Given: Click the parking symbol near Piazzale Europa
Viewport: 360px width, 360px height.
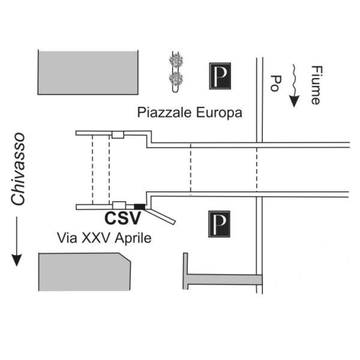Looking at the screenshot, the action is tap(220, 76).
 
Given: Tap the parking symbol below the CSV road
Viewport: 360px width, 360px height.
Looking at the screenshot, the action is tap(219, 224).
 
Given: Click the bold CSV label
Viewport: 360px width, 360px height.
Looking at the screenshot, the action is tap(122, 218).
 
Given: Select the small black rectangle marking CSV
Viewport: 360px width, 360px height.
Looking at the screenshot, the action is tap(140, 206).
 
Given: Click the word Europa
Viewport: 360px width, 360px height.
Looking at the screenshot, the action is tap(219, 113).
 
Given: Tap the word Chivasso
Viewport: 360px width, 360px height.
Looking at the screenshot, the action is tap(18, 169).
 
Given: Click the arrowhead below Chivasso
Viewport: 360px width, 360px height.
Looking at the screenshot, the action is tap(17, 260).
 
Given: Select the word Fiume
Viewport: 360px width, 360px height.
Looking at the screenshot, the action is tap(317, 85).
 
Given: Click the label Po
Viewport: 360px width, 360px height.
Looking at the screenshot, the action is tap(275, 83).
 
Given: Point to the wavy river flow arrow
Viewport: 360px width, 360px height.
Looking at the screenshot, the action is tap(294, 85).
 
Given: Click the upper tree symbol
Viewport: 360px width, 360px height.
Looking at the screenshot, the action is tap(176, 61).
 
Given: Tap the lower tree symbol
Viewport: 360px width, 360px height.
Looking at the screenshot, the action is tap(176, 79).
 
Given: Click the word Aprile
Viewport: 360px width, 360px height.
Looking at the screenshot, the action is tap(133, 239).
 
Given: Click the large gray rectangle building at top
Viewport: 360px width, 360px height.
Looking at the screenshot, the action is tap(88, 73).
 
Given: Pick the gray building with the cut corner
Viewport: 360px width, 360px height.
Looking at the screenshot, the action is tap(85, 272).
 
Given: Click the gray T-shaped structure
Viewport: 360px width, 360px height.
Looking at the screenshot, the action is tap(222, 280).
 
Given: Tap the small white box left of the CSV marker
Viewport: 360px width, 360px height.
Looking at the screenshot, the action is tap(119, 205).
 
